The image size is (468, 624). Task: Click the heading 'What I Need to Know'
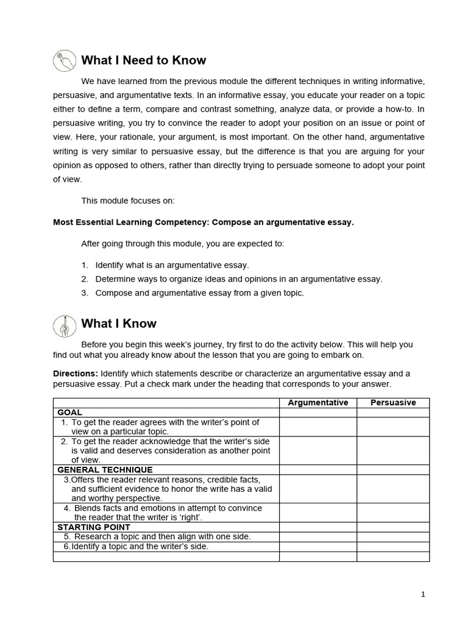pos(143,60)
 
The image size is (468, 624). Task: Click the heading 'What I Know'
pos(118,324)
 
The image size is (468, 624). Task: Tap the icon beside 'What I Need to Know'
pos(63,60)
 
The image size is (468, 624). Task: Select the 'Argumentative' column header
pos(317,403)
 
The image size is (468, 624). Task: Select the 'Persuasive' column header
pos(393,403)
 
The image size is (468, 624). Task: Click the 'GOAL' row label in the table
pos(69,413)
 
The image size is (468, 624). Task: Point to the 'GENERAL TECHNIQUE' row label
pos(105,470)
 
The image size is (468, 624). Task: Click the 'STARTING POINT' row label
pos(93,527)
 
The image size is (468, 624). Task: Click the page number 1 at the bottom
pos(423,595)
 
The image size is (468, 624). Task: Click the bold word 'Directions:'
pos(76,373)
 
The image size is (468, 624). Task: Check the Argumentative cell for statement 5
pos(317,537)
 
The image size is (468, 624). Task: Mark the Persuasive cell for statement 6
pos(393,547)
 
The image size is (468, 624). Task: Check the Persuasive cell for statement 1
pos(393,427)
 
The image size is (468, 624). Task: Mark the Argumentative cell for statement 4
pos(317,512)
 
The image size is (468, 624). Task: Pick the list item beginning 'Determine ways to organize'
pos(238,279)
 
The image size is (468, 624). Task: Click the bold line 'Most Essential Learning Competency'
pos(203,222)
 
